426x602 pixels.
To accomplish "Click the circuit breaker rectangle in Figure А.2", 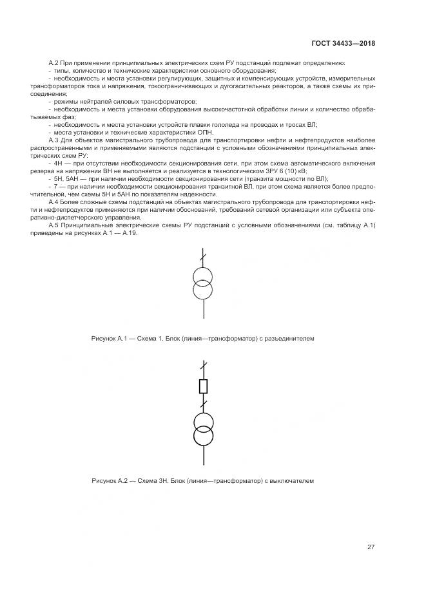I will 204,386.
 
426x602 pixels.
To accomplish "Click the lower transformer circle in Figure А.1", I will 204,289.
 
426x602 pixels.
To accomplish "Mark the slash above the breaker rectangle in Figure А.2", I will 204,367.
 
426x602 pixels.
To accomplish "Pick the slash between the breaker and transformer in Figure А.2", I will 204,406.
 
